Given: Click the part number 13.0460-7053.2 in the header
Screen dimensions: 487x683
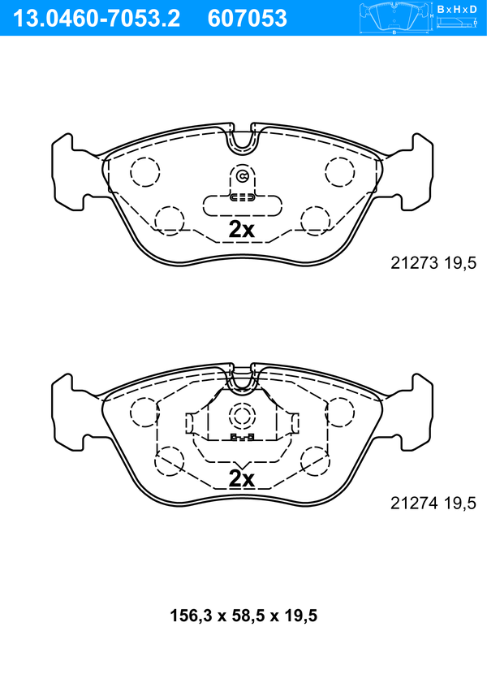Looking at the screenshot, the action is (x=96, y=19).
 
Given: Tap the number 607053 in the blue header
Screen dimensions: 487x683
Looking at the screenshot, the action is (x=248, y=19).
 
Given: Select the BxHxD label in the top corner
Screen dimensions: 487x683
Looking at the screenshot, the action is (x=457, y=9).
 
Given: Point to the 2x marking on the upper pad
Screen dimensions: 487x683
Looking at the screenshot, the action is (x=242, y=229).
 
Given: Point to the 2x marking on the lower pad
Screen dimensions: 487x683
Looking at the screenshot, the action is (x=242, y=478).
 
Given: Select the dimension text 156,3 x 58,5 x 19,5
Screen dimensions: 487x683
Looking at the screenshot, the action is (x=243, y=616).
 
